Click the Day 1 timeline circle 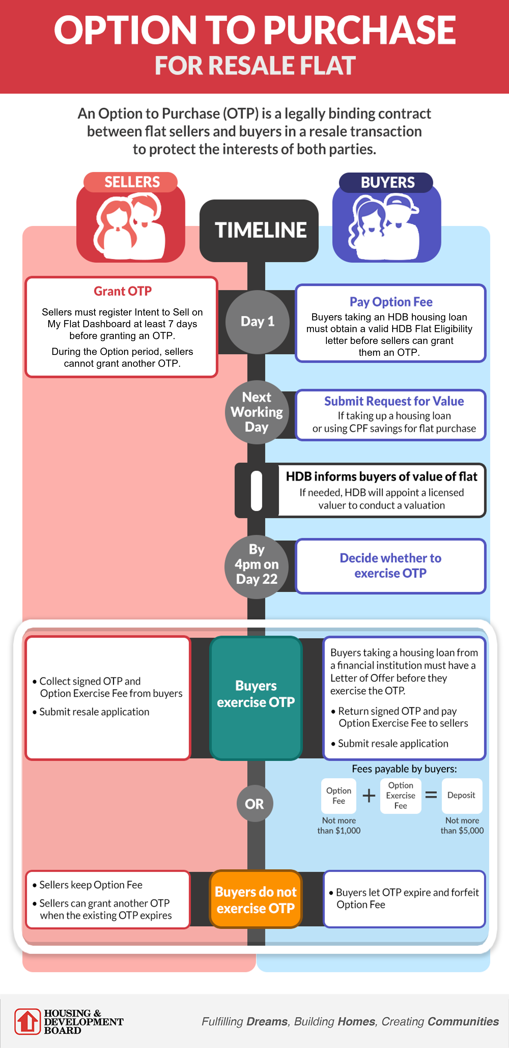(257, 322)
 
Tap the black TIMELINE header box (259, 230)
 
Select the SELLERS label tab (131, 182)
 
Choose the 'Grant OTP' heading (122, 291)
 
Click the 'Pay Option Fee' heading (391, 302)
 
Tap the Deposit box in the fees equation (461, 795)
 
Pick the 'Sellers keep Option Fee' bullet (90, 885)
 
